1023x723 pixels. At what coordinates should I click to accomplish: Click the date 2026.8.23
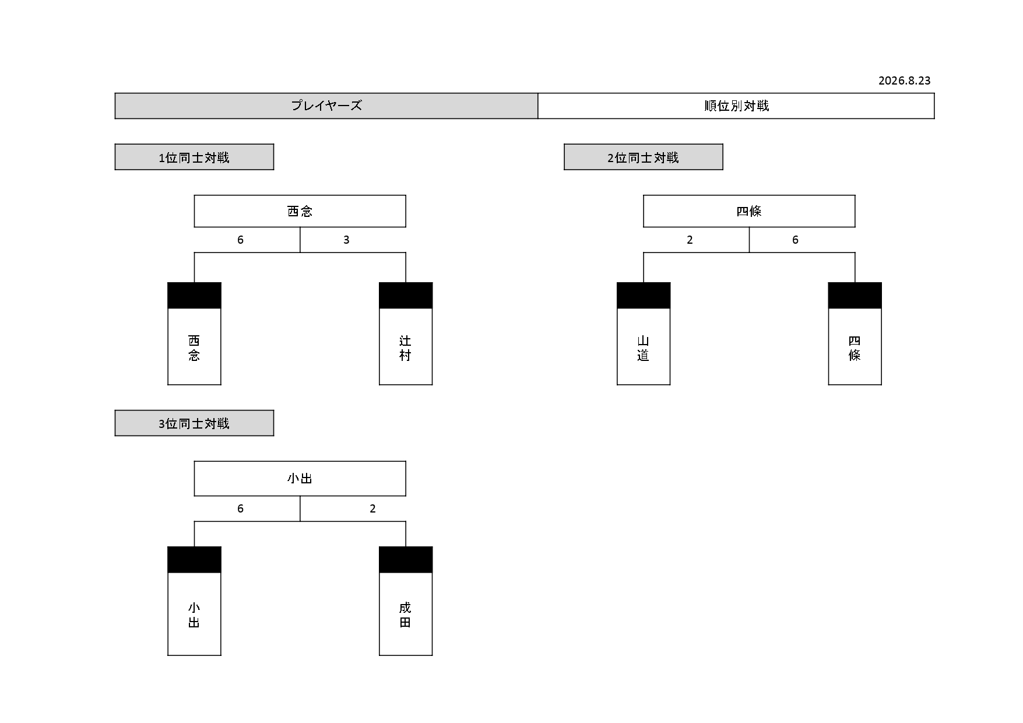pos(904,80)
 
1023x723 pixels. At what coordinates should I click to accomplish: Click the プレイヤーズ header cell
pos(326,106)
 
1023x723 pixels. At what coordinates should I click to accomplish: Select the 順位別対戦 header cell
pos(736,106)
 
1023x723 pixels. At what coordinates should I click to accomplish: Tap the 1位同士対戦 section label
pos(194,157)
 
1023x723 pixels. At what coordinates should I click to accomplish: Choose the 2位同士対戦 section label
pos(644,157)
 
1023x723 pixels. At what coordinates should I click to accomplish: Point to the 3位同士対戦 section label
pos(194,423)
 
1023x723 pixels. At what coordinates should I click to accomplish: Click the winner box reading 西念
pos(300,211)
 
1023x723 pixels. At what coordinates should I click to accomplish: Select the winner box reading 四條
pos(749,211)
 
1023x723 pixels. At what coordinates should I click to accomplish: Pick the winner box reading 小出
pos(300,479)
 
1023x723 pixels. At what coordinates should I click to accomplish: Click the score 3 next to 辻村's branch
pos(346,240)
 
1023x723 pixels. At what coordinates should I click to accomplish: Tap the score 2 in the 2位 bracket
pos(690,240)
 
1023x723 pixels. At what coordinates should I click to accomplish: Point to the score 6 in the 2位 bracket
pos(795,240)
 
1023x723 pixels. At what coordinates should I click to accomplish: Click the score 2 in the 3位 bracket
pos(372,508)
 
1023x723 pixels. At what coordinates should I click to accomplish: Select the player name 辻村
pos(405,348)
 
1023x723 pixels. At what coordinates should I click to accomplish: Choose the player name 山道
pos(643,348)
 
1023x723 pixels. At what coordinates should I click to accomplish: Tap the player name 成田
pos(405,615)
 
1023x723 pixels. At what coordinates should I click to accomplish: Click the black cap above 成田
pos(406,560)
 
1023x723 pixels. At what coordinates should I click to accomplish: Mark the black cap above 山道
pos(644,296)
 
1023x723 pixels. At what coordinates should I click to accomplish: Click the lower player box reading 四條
pos(855,346)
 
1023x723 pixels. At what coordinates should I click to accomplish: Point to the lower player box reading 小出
pos(194,614)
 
